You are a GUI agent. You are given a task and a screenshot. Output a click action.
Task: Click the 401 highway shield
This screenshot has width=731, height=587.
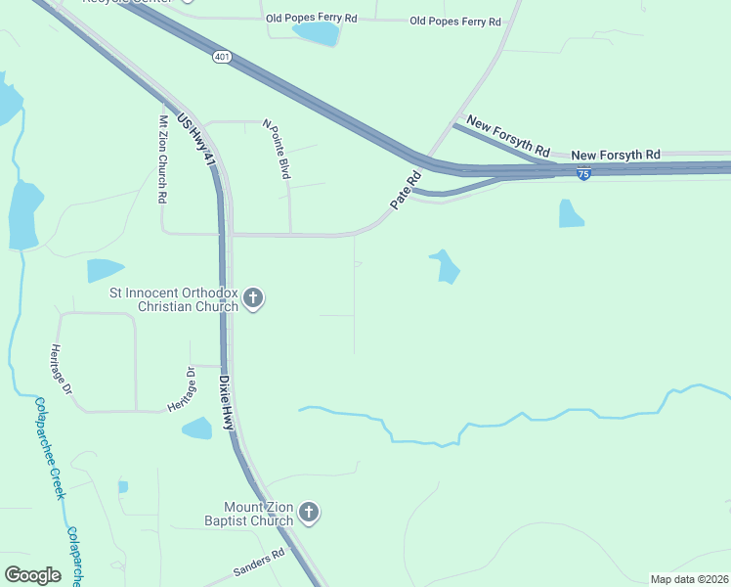pos(222,58)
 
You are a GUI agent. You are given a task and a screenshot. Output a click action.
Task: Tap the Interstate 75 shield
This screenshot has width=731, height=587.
pos(583,174)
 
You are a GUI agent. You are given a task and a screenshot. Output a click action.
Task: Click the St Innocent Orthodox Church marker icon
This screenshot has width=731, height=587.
pos(253,298)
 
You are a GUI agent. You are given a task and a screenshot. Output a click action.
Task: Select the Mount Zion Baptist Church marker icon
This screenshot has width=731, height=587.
pos(309,513)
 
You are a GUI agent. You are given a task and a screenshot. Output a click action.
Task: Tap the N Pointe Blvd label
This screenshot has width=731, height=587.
pos(278,149)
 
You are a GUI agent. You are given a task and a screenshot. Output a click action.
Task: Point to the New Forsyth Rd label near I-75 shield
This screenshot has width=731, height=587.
pos(616,155)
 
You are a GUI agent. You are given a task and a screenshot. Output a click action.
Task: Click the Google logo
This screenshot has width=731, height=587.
pos(32,574)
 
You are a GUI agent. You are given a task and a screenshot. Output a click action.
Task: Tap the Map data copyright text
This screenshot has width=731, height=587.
pos(689,579)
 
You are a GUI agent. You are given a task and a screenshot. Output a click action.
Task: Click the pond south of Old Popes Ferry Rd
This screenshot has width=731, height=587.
pos(315,34)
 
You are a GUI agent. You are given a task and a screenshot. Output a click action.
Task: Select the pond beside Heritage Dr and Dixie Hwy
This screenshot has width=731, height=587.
pos(197,428)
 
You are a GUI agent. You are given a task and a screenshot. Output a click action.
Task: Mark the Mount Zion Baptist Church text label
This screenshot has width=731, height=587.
pos(258,514)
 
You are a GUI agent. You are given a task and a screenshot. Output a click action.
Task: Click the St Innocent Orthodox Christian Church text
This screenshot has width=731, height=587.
pos(174,299)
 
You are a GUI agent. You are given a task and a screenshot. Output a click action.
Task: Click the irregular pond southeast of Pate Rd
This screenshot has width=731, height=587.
pos(446,265)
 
